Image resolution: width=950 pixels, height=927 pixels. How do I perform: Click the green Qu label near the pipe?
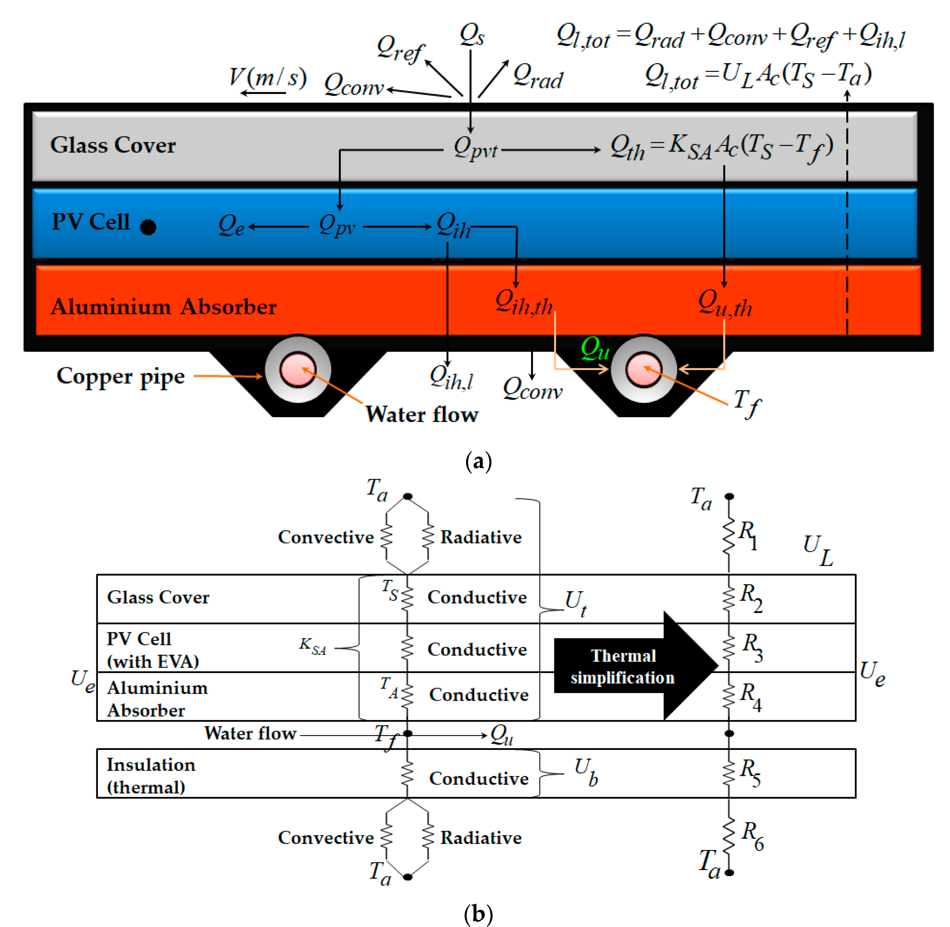[x=595, y=348]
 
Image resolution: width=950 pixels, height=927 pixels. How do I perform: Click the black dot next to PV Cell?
[x=148, y=227]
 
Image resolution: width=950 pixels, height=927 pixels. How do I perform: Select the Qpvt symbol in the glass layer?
[x=476, y=147]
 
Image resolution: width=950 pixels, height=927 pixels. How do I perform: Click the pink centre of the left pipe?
[x=297, y=369]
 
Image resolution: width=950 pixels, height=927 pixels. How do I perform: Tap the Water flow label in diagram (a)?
[x=422, y=414]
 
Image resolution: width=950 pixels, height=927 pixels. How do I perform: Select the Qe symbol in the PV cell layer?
[x=231, y=225]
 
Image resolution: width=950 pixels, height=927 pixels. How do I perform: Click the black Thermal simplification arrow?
[x=633, y=666]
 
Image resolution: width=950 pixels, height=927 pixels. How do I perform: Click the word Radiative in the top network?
[x=480, y=537]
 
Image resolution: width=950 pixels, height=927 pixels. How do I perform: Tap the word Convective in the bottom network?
[x=326, y=837]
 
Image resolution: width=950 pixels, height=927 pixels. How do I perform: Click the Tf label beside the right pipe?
[x=747, y=403]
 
